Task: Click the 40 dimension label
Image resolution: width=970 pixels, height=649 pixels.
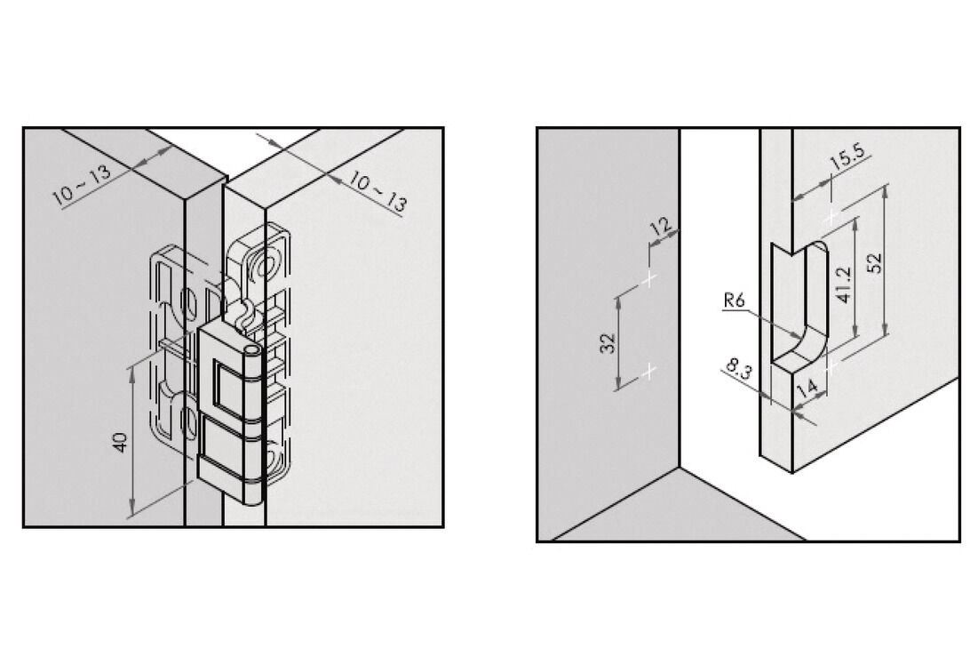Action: [x=120, y=442]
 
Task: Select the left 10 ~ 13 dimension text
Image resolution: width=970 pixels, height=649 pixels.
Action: [x=82, y=185]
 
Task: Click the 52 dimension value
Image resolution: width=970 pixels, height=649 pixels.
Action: [x=874, y=262]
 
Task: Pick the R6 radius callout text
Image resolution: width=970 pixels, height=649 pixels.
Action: [x=735, y=301]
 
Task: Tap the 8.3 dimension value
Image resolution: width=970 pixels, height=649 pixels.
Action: [x=738, y=370]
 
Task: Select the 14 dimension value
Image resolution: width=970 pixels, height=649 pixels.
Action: [x=808, y=389]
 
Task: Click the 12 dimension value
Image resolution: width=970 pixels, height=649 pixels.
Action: [x=661, y=226]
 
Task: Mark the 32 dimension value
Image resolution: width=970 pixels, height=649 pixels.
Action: [x=608, y=343]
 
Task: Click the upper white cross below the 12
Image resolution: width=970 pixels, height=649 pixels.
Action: [x=649, y=279]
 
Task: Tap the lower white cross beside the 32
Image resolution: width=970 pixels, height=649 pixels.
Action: [x=649, y=372]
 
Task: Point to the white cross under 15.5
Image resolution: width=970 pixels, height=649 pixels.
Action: [x=831, y=217]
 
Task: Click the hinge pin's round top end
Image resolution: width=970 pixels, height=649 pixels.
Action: [x=252, y=351]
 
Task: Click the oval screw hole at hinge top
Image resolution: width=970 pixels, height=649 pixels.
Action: [x=267, y=268]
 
